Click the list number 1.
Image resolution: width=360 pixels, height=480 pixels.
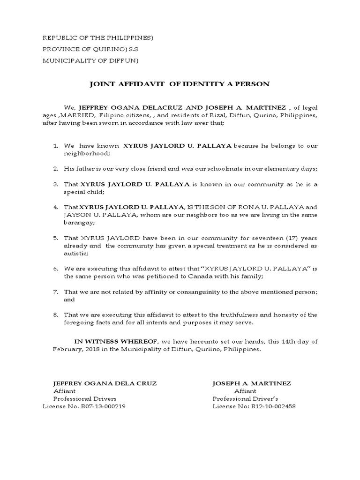point(55,146)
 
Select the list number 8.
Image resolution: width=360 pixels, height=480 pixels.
point(55,315)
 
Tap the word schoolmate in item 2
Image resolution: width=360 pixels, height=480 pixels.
point(207,168)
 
